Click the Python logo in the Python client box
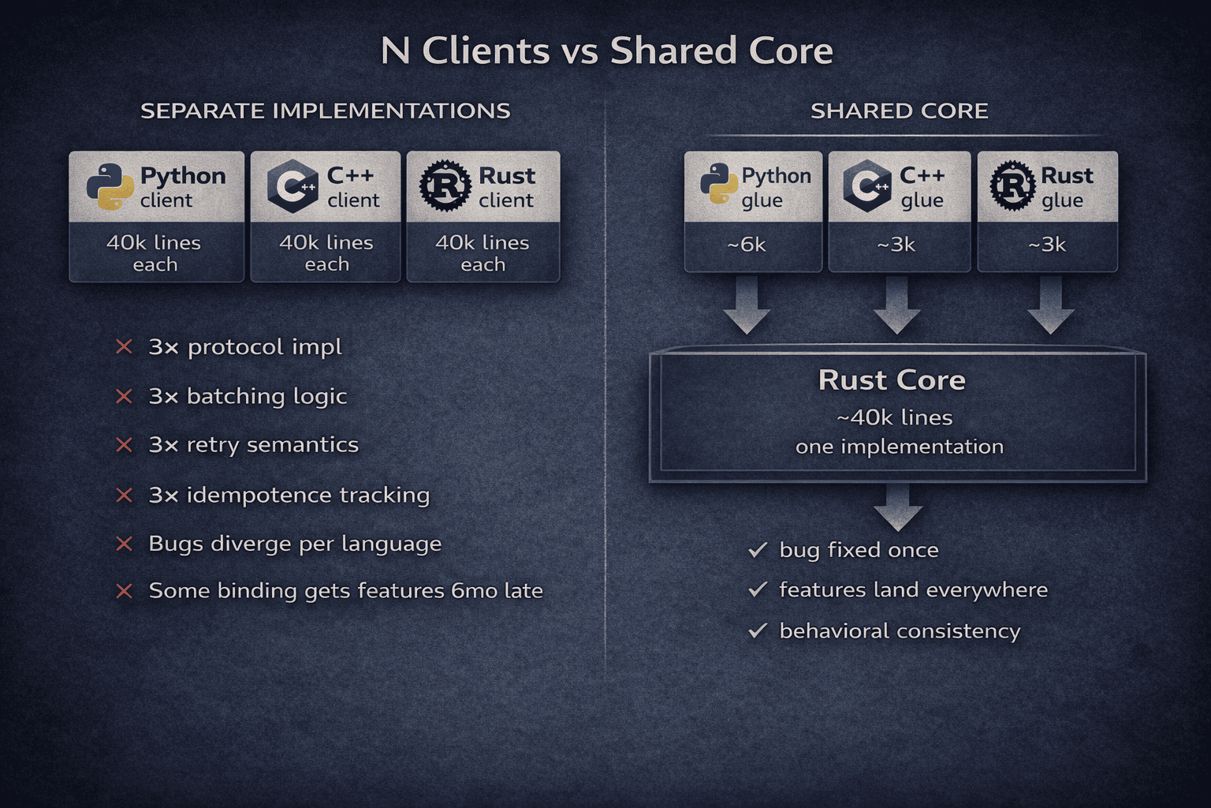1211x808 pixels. tap(110, 187)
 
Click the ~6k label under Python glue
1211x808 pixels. tap(746, 245)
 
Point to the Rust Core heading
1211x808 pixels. tap(892, 380)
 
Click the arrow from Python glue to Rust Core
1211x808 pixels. tap(747, 305)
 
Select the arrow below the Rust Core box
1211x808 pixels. tap(898, 507)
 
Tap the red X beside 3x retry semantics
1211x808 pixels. tap(124, 445)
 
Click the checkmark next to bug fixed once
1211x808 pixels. tap(758, 550)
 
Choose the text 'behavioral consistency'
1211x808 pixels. tap(900, 631)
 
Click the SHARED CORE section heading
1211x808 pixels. tap(899, 110)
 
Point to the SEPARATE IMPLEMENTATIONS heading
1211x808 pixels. tap(325, 110)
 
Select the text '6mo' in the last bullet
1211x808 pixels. tap(475, 590)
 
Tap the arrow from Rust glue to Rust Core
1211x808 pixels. tap(1050, 305)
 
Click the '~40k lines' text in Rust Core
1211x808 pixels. tap(895, 417)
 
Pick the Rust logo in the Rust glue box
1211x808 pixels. tap(1012, 185)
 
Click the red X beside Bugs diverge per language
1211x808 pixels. tap(124, 544)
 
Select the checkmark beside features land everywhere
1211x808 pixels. tap(758, 589)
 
